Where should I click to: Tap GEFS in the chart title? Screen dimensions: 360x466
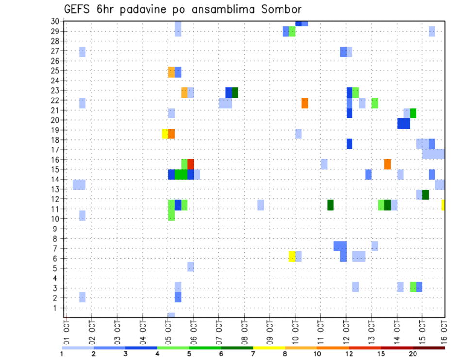pos(78,9)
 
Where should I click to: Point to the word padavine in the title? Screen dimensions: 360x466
pos(144,10)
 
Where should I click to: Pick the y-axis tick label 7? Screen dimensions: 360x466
pos(57,248)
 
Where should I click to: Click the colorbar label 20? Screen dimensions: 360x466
pos(413,354)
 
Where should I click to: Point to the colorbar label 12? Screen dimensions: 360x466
pos(349,354)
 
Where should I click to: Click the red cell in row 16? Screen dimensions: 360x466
pos(191,164)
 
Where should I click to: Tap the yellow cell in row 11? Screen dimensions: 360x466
pos(443,205)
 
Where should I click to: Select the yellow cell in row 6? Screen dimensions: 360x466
pos(292,256)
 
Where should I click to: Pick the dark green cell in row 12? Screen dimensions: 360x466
pos(425,195)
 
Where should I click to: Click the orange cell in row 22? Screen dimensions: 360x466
pos(305,103)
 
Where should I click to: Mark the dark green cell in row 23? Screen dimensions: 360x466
pos(235,93)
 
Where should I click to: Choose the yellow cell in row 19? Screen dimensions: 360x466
pos(165,133)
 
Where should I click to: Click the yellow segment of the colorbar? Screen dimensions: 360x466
pos(269,348)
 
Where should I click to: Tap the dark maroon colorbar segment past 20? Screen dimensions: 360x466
pos(429,348)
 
